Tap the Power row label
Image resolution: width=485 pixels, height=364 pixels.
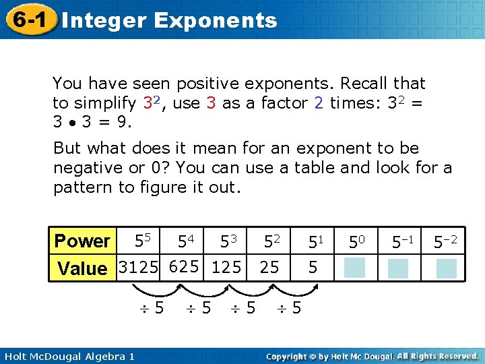[82, 241]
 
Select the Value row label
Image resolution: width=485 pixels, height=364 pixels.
[82, 268]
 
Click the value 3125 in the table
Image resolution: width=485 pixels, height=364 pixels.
[139, 267]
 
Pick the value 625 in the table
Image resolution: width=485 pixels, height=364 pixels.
[184, 267]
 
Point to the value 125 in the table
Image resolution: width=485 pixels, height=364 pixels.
[226, 267]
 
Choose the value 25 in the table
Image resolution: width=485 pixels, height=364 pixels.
[269, 267]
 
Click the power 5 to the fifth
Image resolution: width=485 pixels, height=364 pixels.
[143, 240]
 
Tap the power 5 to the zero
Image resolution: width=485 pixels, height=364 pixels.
[356, 241]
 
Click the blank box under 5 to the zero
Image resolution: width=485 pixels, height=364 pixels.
[355, 268]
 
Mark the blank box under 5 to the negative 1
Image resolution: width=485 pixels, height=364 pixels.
[398, 268]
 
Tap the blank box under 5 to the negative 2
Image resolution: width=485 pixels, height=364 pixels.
[446, 268]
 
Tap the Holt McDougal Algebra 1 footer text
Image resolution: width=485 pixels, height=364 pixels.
[67, 355]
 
